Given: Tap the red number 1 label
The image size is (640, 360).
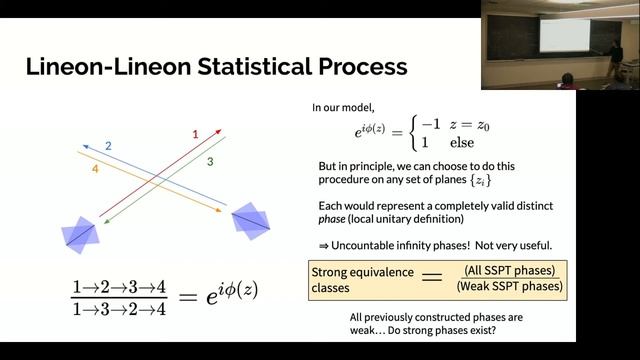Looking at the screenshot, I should (x=195, y=132).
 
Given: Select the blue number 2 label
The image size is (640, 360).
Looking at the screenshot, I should (x=108, y=147).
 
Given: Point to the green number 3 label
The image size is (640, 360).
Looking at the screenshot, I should (x=210, y=161).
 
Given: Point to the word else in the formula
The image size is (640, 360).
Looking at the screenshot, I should (x=462, y=142).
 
